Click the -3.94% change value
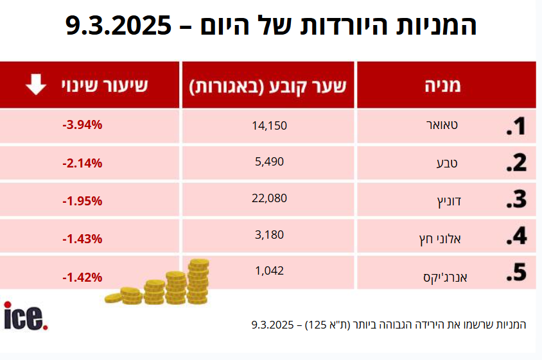point(82,125)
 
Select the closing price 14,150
point(270,125)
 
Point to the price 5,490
point(270,162)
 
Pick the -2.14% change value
point(82,162)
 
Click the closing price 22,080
point(270,198)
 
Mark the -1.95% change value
point(82,201)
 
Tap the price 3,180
point(270,235)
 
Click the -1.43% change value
point(82,239)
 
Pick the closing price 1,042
point(270,271)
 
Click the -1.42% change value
point(82,277)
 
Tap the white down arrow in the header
point(35,85)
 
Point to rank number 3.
point(516,200)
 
